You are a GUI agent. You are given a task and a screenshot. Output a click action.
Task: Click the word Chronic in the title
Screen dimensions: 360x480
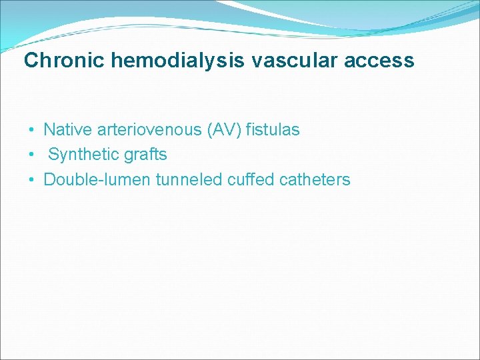[65, 61]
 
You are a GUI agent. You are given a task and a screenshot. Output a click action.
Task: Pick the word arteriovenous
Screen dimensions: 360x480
[148, 129]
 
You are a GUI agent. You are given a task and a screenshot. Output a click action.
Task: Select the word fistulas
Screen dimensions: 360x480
[273, 129]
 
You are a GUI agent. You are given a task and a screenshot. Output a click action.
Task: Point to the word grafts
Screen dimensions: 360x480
[145, 155]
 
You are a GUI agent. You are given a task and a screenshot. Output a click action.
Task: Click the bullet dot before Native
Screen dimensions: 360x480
[31, 130]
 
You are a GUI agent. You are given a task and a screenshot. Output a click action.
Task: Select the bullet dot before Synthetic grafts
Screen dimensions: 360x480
[31, 155]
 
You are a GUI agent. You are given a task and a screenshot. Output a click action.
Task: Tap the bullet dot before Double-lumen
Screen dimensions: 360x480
[31, 180]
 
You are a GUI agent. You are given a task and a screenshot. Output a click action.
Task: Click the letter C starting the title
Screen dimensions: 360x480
[31, 61]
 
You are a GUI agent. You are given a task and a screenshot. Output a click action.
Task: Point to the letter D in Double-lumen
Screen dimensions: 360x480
[49, 179]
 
